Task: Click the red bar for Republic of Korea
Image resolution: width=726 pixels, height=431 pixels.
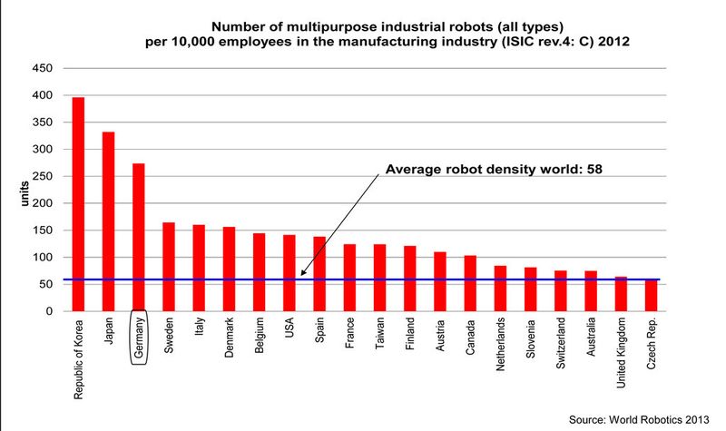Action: (x=78, y=204)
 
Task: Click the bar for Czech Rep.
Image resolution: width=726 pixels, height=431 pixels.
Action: (x=651, y=296)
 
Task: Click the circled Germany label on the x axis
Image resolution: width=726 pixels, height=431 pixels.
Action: (x=138, y=339)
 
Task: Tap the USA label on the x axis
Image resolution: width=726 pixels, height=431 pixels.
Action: (x=289, y=332)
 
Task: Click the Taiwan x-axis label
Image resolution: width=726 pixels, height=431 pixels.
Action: (x=380, y=337)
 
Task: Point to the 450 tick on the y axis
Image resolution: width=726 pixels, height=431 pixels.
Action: (x=43, y=69)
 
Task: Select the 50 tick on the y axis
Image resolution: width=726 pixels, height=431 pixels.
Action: (x=46, y=284)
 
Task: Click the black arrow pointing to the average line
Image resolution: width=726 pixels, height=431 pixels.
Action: (x=344, y=224)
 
